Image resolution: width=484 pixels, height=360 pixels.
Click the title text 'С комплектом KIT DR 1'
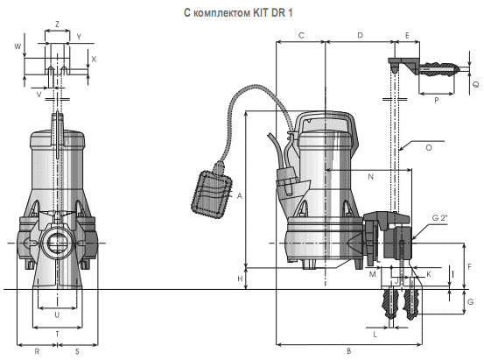point(238,12)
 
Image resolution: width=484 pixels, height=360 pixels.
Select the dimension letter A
point(240,196)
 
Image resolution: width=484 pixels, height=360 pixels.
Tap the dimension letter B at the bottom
point(349,351)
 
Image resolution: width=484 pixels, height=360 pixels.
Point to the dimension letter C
point(301,36)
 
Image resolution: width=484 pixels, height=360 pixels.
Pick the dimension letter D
point(361,36)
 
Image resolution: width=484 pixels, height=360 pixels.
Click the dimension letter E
point(407,36)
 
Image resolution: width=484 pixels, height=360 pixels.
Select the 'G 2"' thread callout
point(440,218)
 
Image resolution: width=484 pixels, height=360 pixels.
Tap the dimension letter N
point(371,177)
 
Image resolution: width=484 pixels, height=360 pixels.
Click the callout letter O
point(429,148)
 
